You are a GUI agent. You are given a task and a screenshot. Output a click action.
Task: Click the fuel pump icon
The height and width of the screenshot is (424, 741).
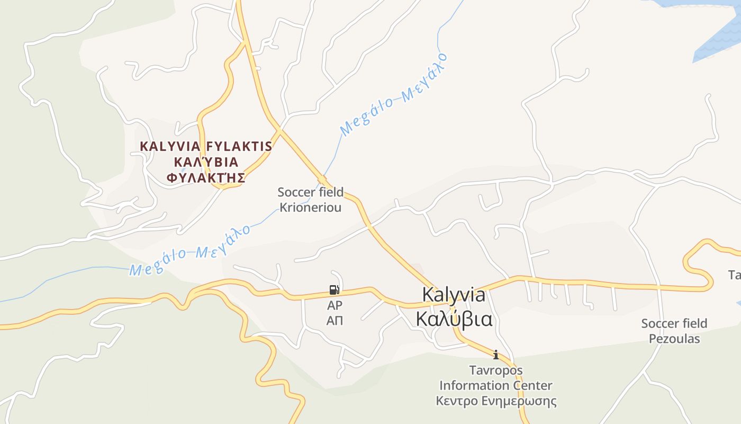click(334, 289)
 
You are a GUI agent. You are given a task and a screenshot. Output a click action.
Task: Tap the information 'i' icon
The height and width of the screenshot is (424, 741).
click(495, 355)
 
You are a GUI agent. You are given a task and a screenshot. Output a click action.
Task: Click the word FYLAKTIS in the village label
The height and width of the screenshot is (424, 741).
click(239, 146)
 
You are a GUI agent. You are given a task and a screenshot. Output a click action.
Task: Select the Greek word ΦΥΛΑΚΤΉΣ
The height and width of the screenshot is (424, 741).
click(206, 178)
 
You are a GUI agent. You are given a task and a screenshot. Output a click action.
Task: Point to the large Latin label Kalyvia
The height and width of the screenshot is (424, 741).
click(454, 295)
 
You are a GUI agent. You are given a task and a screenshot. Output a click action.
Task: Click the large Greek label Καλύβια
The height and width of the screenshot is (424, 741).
click(454, 319)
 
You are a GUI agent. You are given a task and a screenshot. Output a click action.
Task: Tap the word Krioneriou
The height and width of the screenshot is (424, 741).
click(310, 207)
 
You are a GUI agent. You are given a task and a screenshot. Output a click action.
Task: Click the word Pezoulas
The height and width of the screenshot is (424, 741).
click(674, 339)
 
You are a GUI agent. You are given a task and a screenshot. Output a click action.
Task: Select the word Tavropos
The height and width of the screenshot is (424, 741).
click(495, 370)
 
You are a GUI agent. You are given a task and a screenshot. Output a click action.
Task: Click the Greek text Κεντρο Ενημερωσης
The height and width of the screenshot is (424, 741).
click(496, 401)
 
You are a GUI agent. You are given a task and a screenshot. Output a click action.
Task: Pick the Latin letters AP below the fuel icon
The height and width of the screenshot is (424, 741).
click(335, 305)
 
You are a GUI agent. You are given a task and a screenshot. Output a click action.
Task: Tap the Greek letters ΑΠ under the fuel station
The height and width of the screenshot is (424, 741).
click(335, 320)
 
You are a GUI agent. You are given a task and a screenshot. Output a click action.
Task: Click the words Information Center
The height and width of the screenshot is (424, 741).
click(495, 385)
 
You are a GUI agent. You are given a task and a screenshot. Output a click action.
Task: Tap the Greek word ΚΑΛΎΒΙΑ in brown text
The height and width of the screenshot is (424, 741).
click(206, 162)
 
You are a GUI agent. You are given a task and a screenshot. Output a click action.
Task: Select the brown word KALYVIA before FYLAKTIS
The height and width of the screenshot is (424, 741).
click(170, 146)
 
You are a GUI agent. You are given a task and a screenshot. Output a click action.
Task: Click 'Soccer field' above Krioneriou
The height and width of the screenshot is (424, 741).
click(310, 192)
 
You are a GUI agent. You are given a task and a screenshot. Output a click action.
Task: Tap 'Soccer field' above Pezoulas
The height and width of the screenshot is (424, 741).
click(674, 323)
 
